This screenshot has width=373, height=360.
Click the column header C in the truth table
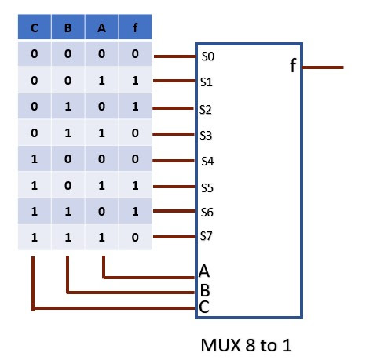point(35,28)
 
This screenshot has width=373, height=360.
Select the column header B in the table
point(68,28)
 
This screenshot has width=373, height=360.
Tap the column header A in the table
point(102,28)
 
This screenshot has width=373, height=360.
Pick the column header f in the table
point(136,28)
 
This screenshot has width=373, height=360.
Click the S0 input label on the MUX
point(207,56)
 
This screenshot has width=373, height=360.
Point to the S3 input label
point(207,136)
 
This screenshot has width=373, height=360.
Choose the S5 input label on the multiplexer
point(207,188)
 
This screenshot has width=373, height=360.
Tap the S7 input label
point(207,236)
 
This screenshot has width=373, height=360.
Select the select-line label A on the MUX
point(204,272)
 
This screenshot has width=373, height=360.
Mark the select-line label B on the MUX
point(204,290)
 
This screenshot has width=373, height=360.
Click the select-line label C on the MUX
point(204,307)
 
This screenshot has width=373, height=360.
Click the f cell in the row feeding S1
point(136,81)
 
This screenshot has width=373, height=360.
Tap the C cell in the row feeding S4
point(35,161)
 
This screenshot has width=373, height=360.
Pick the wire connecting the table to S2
point(174,109)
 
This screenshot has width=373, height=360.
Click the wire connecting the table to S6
point(174,212)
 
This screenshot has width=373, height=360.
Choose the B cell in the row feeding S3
point(68,134)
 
